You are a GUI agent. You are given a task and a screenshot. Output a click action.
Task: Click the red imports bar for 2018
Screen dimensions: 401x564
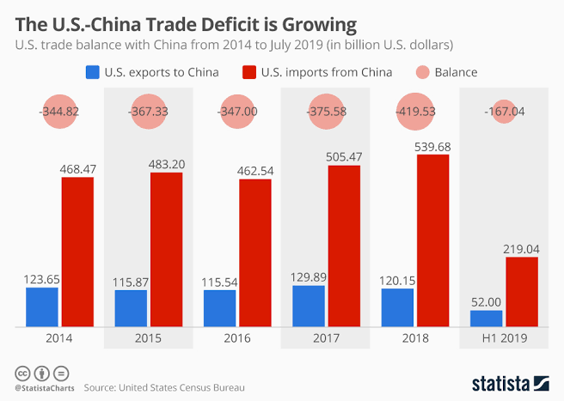(432, 240)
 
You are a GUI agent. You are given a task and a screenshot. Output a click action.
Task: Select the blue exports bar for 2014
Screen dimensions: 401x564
(42, 307)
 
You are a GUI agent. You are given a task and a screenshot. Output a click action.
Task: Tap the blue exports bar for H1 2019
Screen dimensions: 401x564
(486, 319)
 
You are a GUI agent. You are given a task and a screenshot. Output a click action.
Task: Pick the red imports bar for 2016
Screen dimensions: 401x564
(254, 252)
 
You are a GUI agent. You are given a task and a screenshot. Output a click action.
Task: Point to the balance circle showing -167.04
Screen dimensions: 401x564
(504, 112)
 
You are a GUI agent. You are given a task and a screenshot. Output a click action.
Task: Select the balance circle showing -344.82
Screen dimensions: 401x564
(59, 112)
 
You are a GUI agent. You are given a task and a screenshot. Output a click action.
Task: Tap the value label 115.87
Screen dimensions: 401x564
(131, 280)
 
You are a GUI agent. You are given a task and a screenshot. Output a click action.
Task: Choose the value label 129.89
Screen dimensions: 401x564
(309, 275)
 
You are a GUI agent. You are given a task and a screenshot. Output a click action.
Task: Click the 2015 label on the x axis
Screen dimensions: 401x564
(148, 338)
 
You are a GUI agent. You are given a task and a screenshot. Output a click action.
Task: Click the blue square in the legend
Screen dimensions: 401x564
(91, 72)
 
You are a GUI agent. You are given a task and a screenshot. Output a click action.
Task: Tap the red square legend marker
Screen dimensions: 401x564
(251, 72)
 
